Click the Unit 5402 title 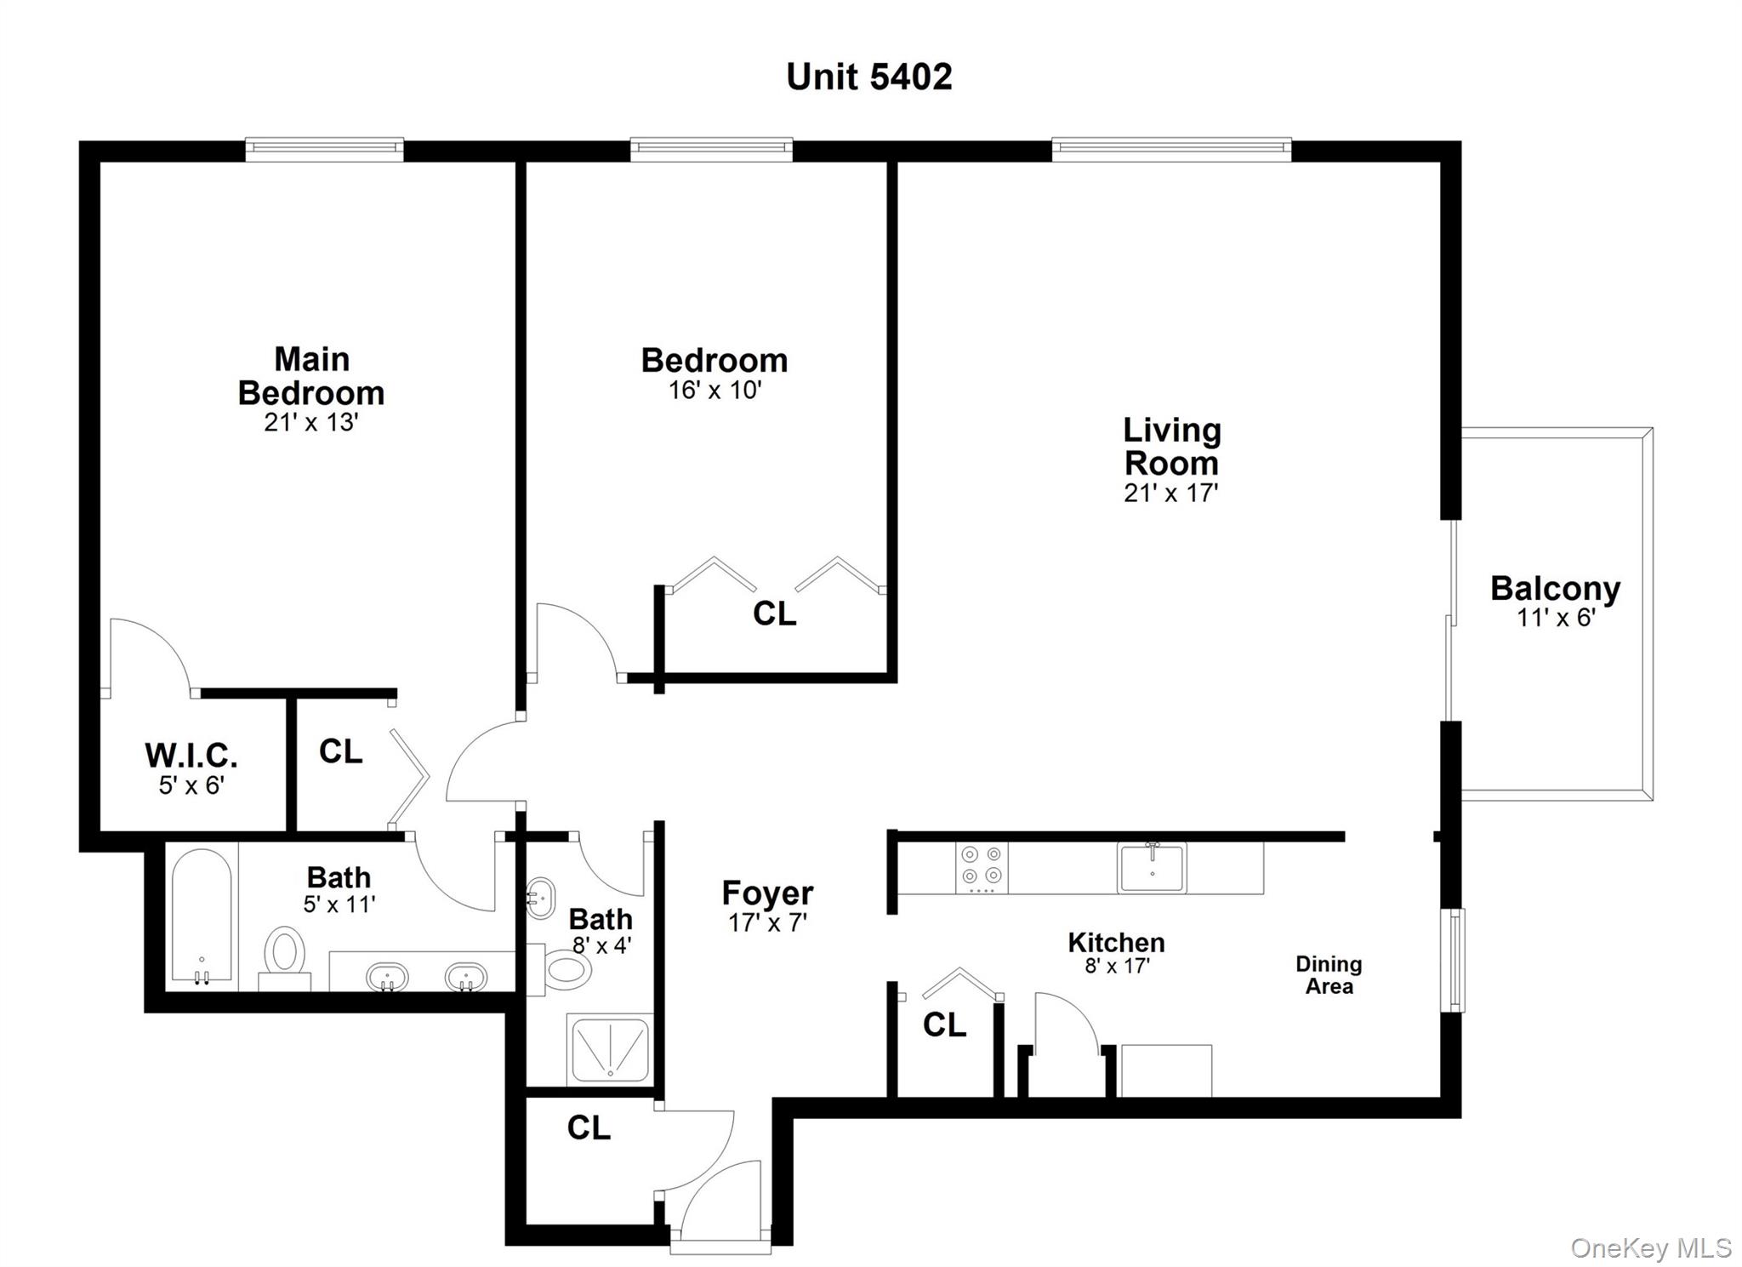[x=868, y=77]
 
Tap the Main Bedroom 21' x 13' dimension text [x=310, y=423]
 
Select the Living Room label [x=1171, y=447]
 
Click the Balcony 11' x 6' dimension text [x=1555, y=618]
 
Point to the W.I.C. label [x=191, y=756]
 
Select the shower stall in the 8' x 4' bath [x=610, y=1049]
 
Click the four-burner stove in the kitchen [x=981, y=866]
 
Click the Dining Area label [x=1329, y=975]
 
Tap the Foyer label [x=767, y=893]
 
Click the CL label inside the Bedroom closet [x=774, y=614]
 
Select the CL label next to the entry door [x=589, y=1128]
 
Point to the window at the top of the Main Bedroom [x=324, y=150]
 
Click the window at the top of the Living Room [x=1171, y=150]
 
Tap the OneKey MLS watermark [x=1650, y=1247]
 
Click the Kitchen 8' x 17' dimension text [x=1116, y=966]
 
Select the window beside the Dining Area [x=1455, y=960]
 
